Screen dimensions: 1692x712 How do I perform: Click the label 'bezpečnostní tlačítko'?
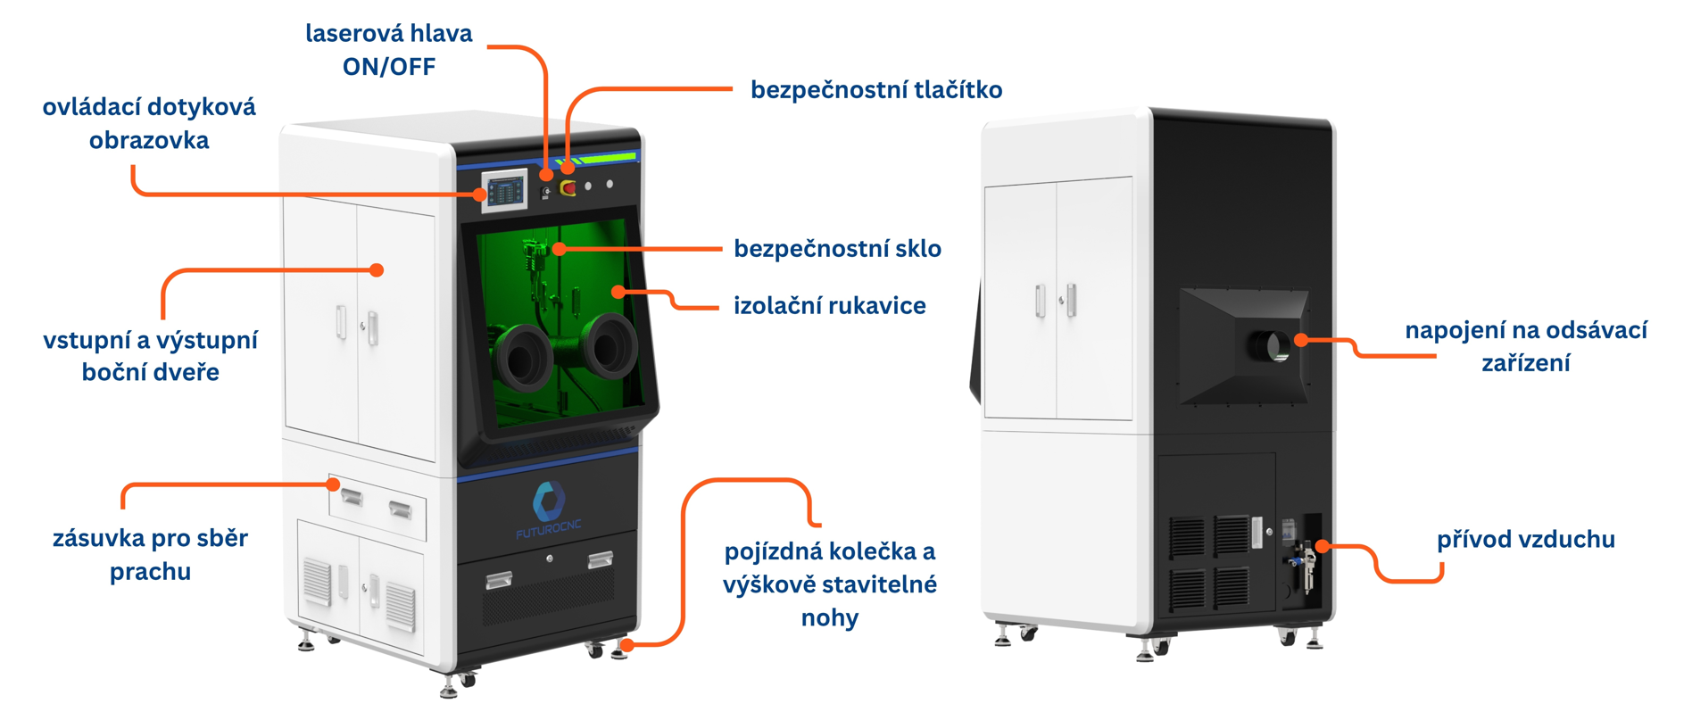[875, 89]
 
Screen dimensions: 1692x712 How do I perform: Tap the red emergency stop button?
[568, 187]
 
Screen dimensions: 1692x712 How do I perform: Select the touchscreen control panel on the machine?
[505, 190]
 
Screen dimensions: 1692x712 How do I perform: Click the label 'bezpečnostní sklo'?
[837, 248]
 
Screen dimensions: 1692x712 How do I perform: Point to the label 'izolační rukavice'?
[829, 305]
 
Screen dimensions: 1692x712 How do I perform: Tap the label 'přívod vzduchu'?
[1525, 539]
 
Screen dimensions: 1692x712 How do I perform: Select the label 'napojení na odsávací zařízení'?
[1526, 346]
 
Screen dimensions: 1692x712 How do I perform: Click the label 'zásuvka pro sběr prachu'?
[150, 554]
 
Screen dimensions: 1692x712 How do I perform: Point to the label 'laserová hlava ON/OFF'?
[389, 50]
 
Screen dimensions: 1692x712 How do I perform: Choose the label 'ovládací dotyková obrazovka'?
[149, 123]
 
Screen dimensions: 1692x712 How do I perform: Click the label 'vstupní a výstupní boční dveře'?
[150, 355]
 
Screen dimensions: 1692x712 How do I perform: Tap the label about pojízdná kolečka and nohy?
[830, 584]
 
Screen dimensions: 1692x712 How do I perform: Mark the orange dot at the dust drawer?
[333, 484]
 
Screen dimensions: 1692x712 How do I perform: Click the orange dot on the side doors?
[377, 269]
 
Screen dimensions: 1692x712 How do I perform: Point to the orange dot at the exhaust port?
[1301, 340]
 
